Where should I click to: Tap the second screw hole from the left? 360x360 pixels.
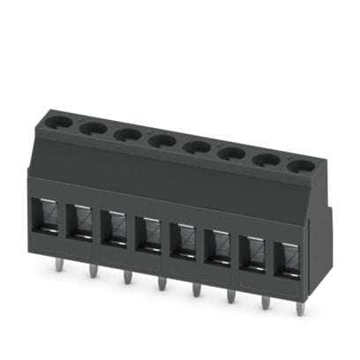pyautogui.click(x=93, y=128)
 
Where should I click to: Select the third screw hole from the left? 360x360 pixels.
pyautogui.click(x=127, y=134)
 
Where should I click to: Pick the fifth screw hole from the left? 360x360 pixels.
pyautogui.click(x=196, y=146)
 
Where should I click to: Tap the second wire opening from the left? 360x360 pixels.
pyautogui.click(x=80, y=223)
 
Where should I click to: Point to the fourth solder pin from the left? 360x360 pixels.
pyautogui.click(x=161, y=282)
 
